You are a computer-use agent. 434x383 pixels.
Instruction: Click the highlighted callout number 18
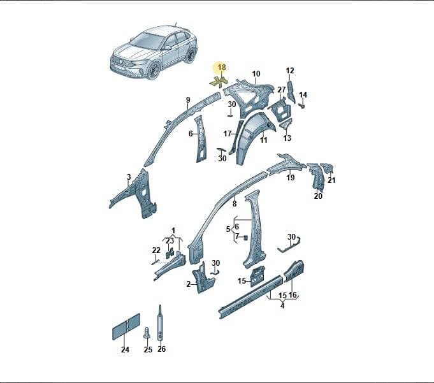click(222, 68)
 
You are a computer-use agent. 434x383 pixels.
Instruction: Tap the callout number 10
click(256, 74)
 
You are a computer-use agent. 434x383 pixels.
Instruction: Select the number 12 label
click(290, 71)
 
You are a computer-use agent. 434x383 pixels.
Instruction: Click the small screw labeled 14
click(302, 106)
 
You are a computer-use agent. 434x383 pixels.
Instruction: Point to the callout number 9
click(188, 100)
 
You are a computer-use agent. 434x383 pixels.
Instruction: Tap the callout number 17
click(228, 134)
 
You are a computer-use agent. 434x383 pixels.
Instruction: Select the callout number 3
click(129, 177)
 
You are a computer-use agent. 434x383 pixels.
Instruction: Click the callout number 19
click(291, 177)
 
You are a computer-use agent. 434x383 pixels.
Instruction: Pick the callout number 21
click(331, 180)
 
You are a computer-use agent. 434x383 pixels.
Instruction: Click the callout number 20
click(318, 196)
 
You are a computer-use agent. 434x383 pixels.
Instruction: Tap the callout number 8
click(235, 204)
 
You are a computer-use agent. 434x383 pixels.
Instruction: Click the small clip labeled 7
click(245, 238)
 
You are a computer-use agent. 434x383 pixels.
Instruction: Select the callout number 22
click(156, 250)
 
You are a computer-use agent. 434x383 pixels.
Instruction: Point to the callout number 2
click(189, 284)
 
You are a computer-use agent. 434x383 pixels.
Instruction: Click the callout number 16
click(293, 295)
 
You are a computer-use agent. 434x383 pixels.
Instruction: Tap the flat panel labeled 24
click(126, 326)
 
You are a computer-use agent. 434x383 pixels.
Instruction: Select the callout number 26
click(161, 349)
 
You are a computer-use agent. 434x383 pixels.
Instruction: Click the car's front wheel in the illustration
click(153, 72)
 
